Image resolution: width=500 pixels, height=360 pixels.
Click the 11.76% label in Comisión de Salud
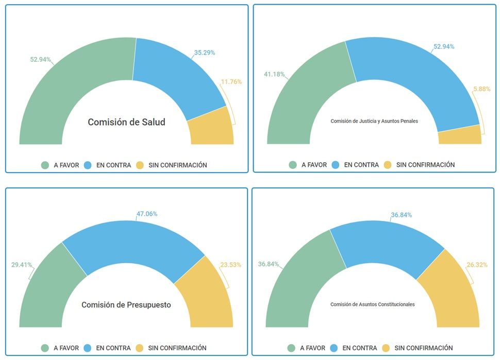231,81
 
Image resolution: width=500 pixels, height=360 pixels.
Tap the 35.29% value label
204,53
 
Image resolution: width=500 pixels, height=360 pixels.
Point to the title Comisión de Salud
126,123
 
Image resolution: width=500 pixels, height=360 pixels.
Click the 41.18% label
274,75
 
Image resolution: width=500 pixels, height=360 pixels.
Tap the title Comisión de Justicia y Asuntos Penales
374,122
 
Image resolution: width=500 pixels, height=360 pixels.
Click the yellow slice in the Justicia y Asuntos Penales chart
460,135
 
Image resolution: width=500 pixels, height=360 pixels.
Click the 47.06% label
147,214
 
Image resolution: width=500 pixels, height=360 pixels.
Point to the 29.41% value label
22,265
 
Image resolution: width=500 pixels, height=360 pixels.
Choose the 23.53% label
230,265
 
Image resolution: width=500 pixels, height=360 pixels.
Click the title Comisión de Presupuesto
126,305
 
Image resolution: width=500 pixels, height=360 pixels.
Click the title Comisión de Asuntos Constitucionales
373,304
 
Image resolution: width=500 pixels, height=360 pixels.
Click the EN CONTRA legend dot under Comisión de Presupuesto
88,348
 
